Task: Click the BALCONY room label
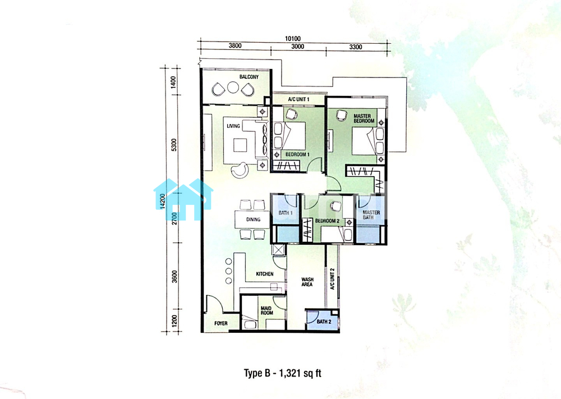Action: point(249,77)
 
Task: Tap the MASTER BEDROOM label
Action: point(364,118)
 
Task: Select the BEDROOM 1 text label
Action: point(297,154)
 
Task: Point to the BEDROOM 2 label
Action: point(327,221)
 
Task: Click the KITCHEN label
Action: point(265,274)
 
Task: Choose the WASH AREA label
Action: point(307,282)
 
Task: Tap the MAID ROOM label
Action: point(267,310)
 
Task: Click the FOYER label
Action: point(220,323)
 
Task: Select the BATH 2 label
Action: point(324,322)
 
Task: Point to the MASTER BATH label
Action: point(371,215)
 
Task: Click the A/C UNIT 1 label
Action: point(299,99)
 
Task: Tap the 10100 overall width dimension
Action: point(293,39)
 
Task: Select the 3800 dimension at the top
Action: point(235,46)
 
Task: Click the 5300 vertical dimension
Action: point(174,145)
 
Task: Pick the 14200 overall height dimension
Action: point(163,201)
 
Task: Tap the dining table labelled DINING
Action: point(252,220)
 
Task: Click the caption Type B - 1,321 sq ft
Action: point(283,373)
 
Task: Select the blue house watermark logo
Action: point(183,199)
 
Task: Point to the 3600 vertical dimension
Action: point(174,277)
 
